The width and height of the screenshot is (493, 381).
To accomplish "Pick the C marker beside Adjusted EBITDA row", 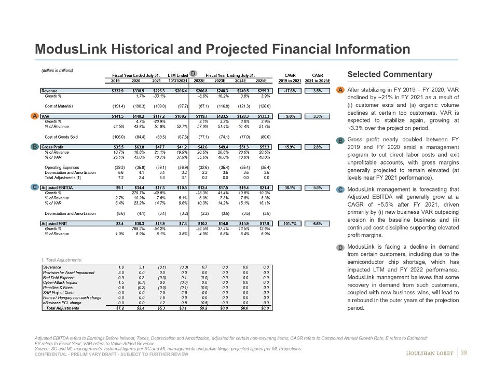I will coord(34,186).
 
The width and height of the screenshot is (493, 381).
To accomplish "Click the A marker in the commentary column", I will coord(339,90).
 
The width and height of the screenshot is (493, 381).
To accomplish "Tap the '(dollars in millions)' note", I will coord(57,70).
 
